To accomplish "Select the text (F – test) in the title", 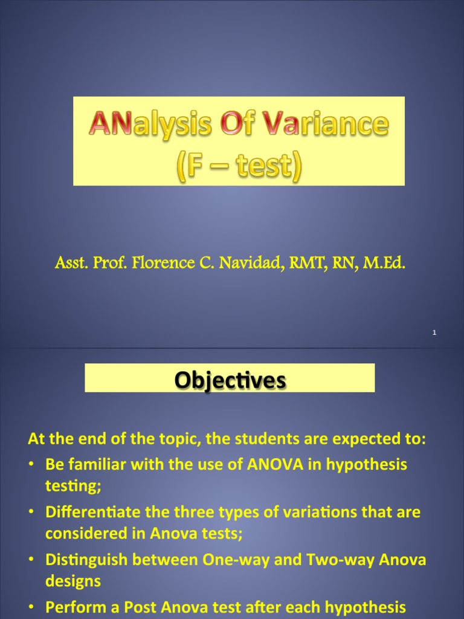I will point(238,164).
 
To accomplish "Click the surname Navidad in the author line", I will point(248,263).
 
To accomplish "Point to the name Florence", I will point(155,263).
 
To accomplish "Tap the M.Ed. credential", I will point(384,263).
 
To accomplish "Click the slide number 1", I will point(434,333).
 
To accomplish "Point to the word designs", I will point(72,581).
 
